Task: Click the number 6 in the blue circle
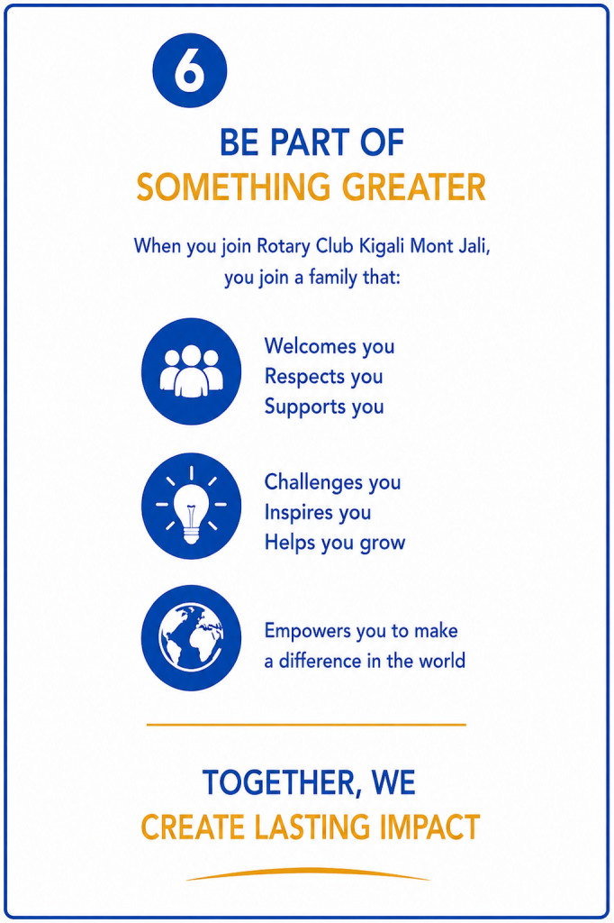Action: coord(189,70)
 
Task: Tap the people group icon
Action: coord(191,370)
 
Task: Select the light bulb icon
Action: coord(191,506)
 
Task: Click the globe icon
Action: coord(191,637)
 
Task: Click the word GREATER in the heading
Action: coord(414,187)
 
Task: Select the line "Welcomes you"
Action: coord(330,346)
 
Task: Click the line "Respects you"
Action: coord(323,376)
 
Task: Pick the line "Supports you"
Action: coord(324,407)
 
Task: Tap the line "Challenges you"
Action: coord(332,482)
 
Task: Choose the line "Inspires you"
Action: coord(318,512)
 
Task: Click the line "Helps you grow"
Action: coord(335,542)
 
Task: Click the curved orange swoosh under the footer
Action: coord(308,872)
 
